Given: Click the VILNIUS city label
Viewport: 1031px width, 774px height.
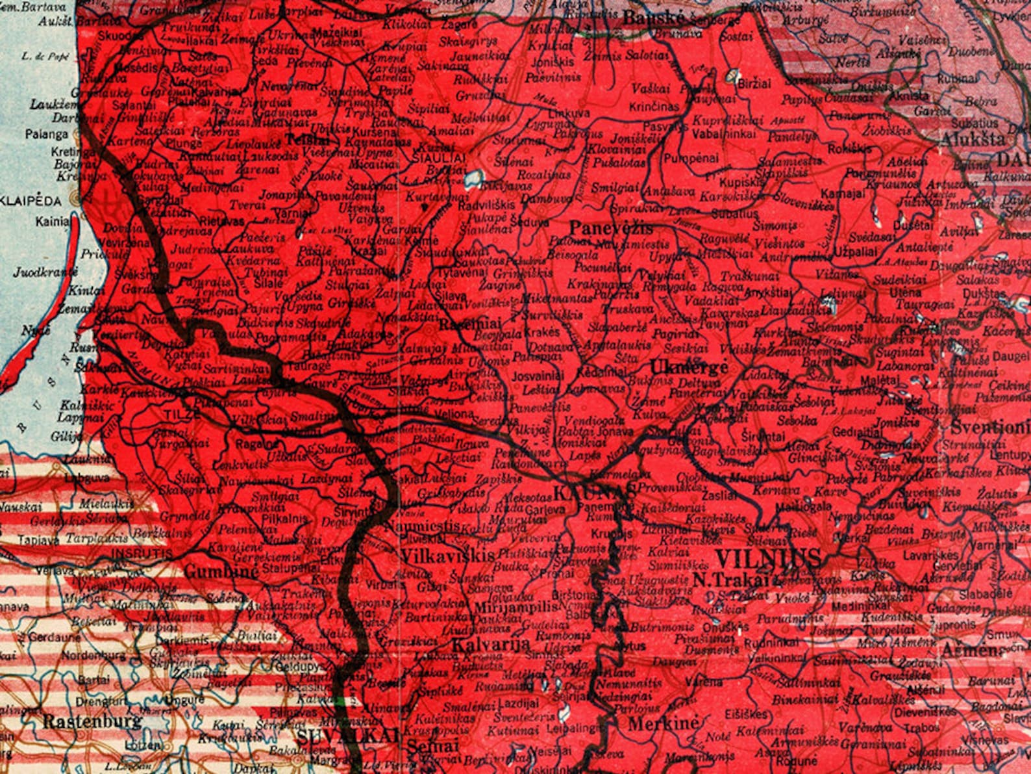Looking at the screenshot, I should (767, 558).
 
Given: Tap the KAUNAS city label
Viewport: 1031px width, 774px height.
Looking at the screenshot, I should (594, 493).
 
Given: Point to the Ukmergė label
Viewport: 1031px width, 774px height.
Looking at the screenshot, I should (688, 366).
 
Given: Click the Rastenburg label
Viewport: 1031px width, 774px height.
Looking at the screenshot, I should (92, 721).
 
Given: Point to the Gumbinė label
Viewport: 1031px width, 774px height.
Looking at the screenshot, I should (222, 572).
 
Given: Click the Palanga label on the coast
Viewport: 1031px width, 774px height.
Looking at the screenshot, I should (47, 135).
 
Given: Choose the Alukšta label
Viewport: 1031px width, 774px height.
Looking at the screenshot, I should (972, 139).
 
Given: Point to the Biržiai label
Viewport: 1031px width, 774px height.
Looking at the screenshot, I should (754, 84).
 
